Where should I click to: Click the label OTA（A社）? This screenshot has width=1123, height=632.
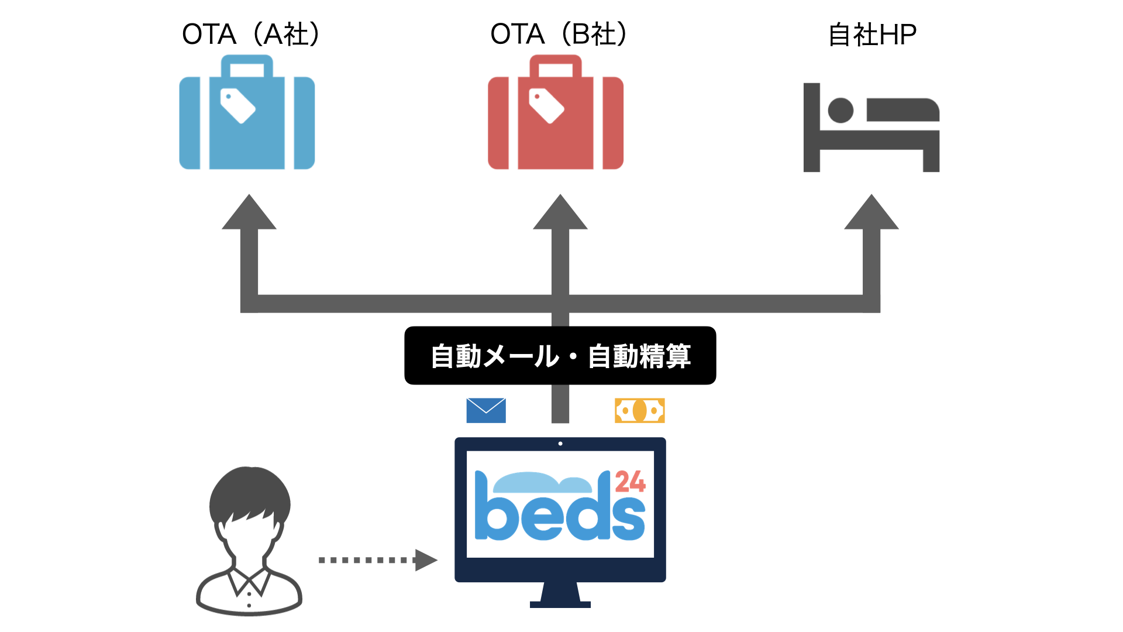click(251, 34)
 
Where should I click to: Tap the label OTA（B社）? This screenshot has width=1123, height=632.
click(559, 34)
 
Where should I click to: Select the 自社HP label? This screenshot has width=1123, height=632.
click(872, 35)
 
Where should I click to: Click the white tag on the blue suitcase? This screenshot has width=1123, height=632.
click(237, 106)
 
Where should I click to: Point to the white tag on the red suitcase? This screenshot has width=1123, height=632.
click(546, 106)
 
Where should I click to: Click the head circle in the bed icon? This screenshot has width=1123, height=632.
click(840, 110)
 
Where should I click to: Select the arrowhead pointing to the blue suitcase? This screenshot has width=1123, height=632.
click(249, 213)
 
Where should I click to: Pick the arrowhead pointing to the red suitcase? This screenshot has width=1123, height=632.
click(560, 213)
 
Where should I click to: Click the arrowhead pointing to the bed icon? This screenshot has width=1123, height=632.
click(871, 213)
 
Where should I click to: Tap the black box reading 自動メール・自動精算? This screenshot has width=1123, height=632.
click(560, 355)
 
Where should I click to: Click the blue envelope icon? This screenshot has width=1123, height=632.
click(486, 410)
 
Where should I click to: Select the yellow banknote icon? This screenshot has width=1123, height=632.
click(640, 410)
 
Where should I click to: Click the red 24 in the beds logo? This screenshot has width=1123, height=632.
click(630, 482)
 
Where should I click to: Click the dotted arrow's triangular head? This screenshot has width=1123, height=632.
click(425, 560)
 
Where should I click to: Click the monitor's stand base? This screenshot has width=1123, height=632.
click(560, 604)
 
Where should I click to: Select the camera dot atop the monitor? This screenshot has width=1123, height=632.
click(560, 444)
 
